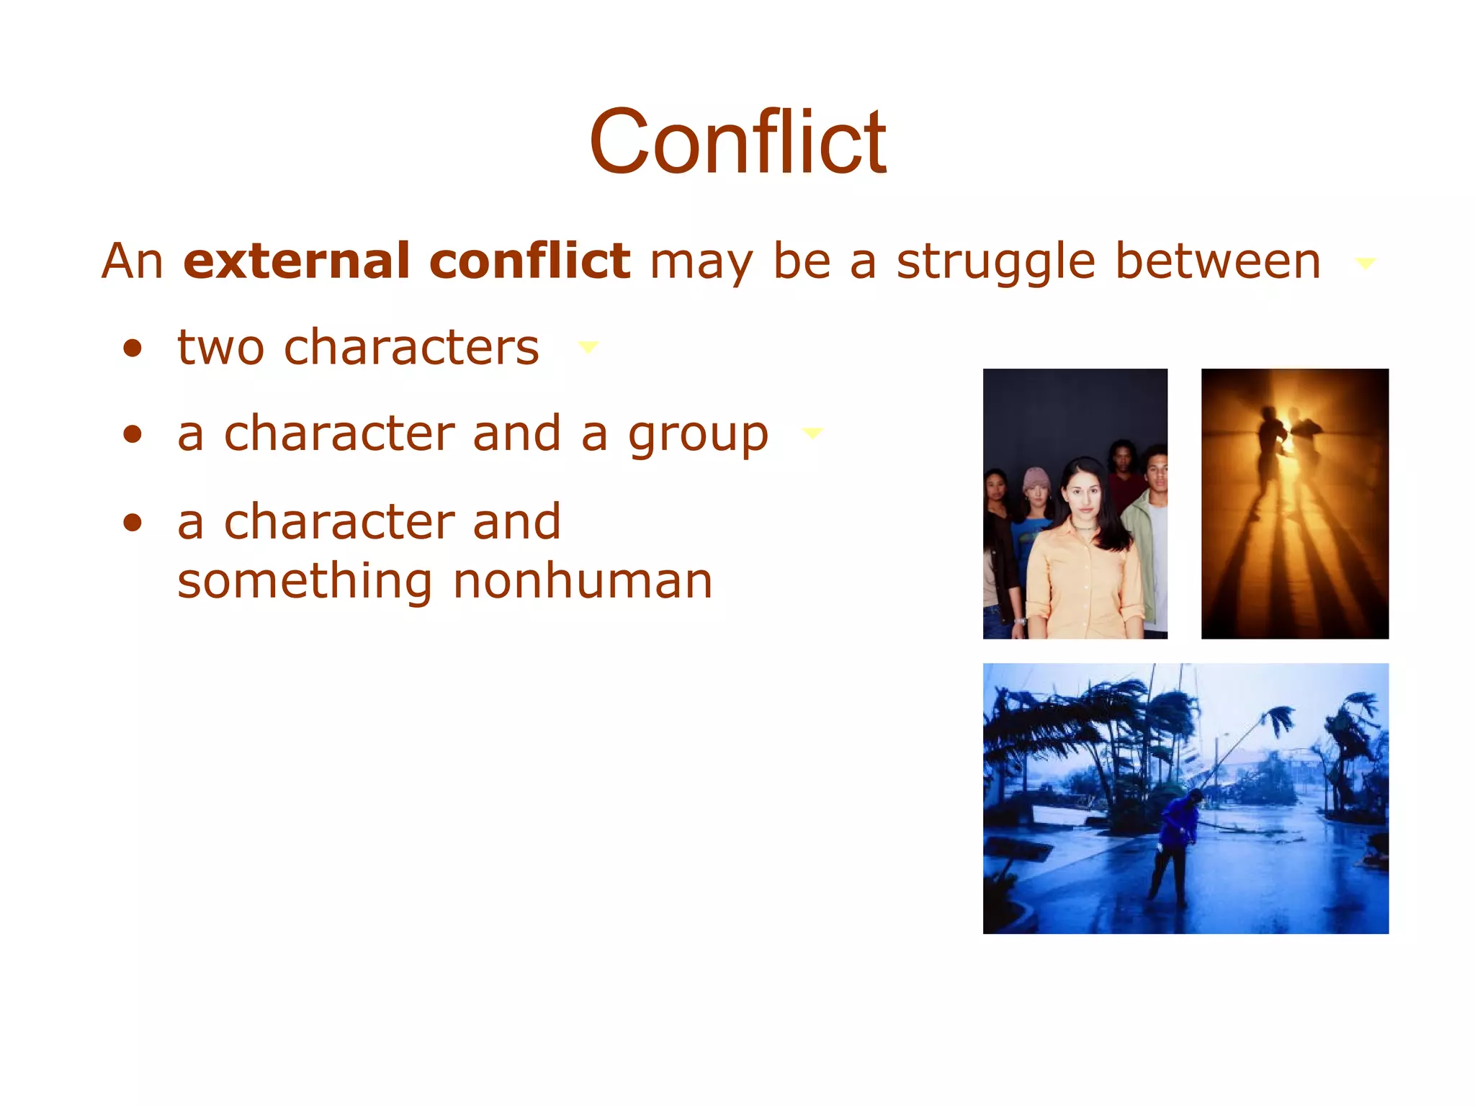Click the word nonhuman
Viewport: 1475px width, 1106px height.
pos(583,581)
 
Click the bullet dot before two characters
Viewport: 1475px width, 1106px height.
pos(133,349)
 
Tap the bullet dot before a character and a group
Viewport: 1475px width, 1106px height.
pos(133,435)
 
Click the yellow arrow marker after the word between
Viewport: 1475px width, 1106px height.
pos(1366,264)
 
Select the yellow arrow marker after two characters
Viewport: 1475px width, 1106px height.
pos(588,348)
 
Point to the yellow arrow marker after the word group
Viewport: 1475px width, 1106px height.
pos(812,433)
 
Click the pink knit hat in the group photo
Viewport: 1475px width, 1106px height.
pos(1036,480)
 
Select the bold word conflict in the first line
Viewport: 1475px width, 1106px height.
pos(529,261)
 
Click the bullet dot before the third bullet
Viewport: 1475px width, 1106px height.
pos(133,523)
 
